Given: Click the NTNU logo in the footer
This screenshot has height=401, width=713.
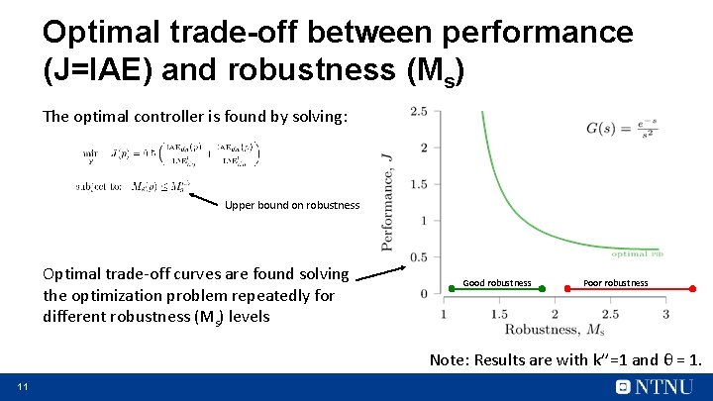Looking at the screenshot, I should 655,386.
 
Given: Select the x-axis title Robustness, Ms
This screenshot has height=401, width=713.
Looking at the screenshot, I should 554,330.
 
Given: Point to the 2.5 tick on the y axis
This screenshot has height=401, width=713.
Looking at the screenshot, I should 419,111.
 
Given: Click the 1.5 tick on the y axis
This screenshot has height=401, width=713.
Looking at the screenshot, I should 419,184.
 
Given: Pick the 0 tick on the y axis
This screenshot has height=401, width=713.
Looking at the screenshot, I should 423,293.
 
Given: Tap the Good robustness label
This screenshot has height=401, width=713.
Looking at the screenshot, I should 497,283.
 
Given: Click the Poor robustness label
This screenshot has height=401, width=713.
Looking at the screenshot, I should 616,283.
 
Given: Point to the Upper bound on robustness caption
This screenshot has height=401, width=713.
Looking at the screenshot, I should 292,205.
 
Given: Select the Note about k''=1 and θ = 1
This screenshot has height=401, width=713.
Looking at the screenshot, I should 565,359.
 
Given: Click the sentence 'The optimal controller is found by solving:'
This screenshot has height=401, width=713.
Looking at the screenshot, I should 195,116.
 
